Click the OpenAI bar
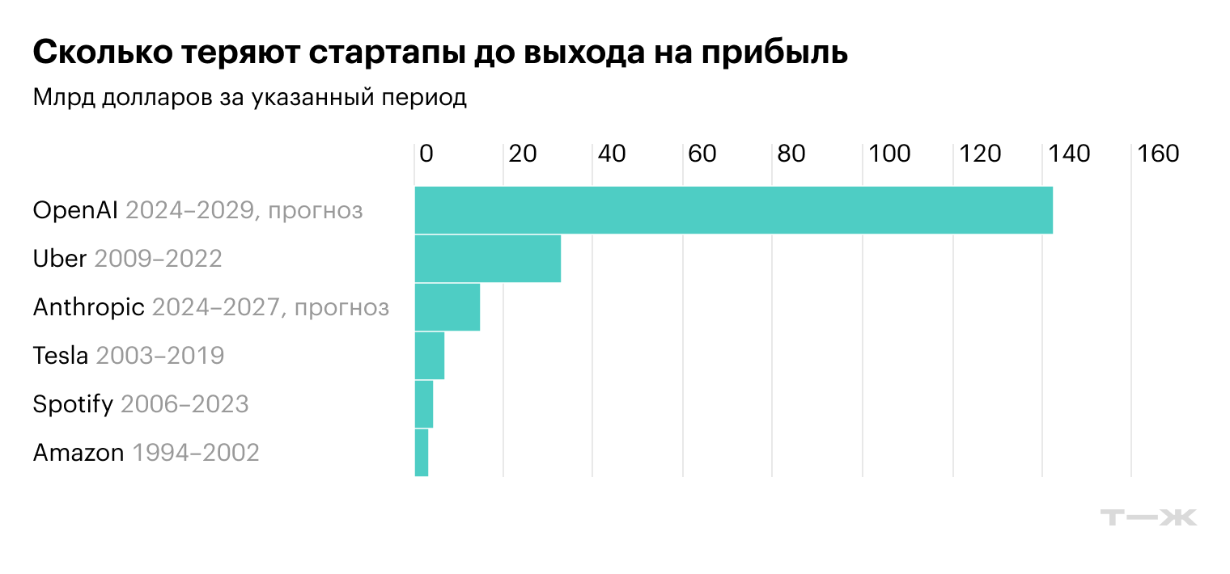coord(733,210)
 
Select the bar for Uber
coord(487,259)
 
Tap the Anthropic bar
coord(447,307)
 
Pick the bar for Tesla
coord(429,356)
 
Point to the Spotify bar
coord(423,404)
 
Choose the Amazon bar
coord(421,453)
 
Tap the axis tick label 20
coord(523,154)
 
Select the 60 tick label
coord(702,154)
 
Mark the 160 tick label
coord(1159,154)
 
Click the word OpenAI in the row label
coord(76,211)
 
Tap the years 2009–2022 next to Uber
coord(158,260)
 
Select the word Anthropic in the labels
coord(89,308)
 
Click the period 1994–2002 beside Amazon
coord(195,453)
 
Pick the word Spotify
coord(73,404)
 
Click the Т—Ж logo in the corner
coord(1149,518)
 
